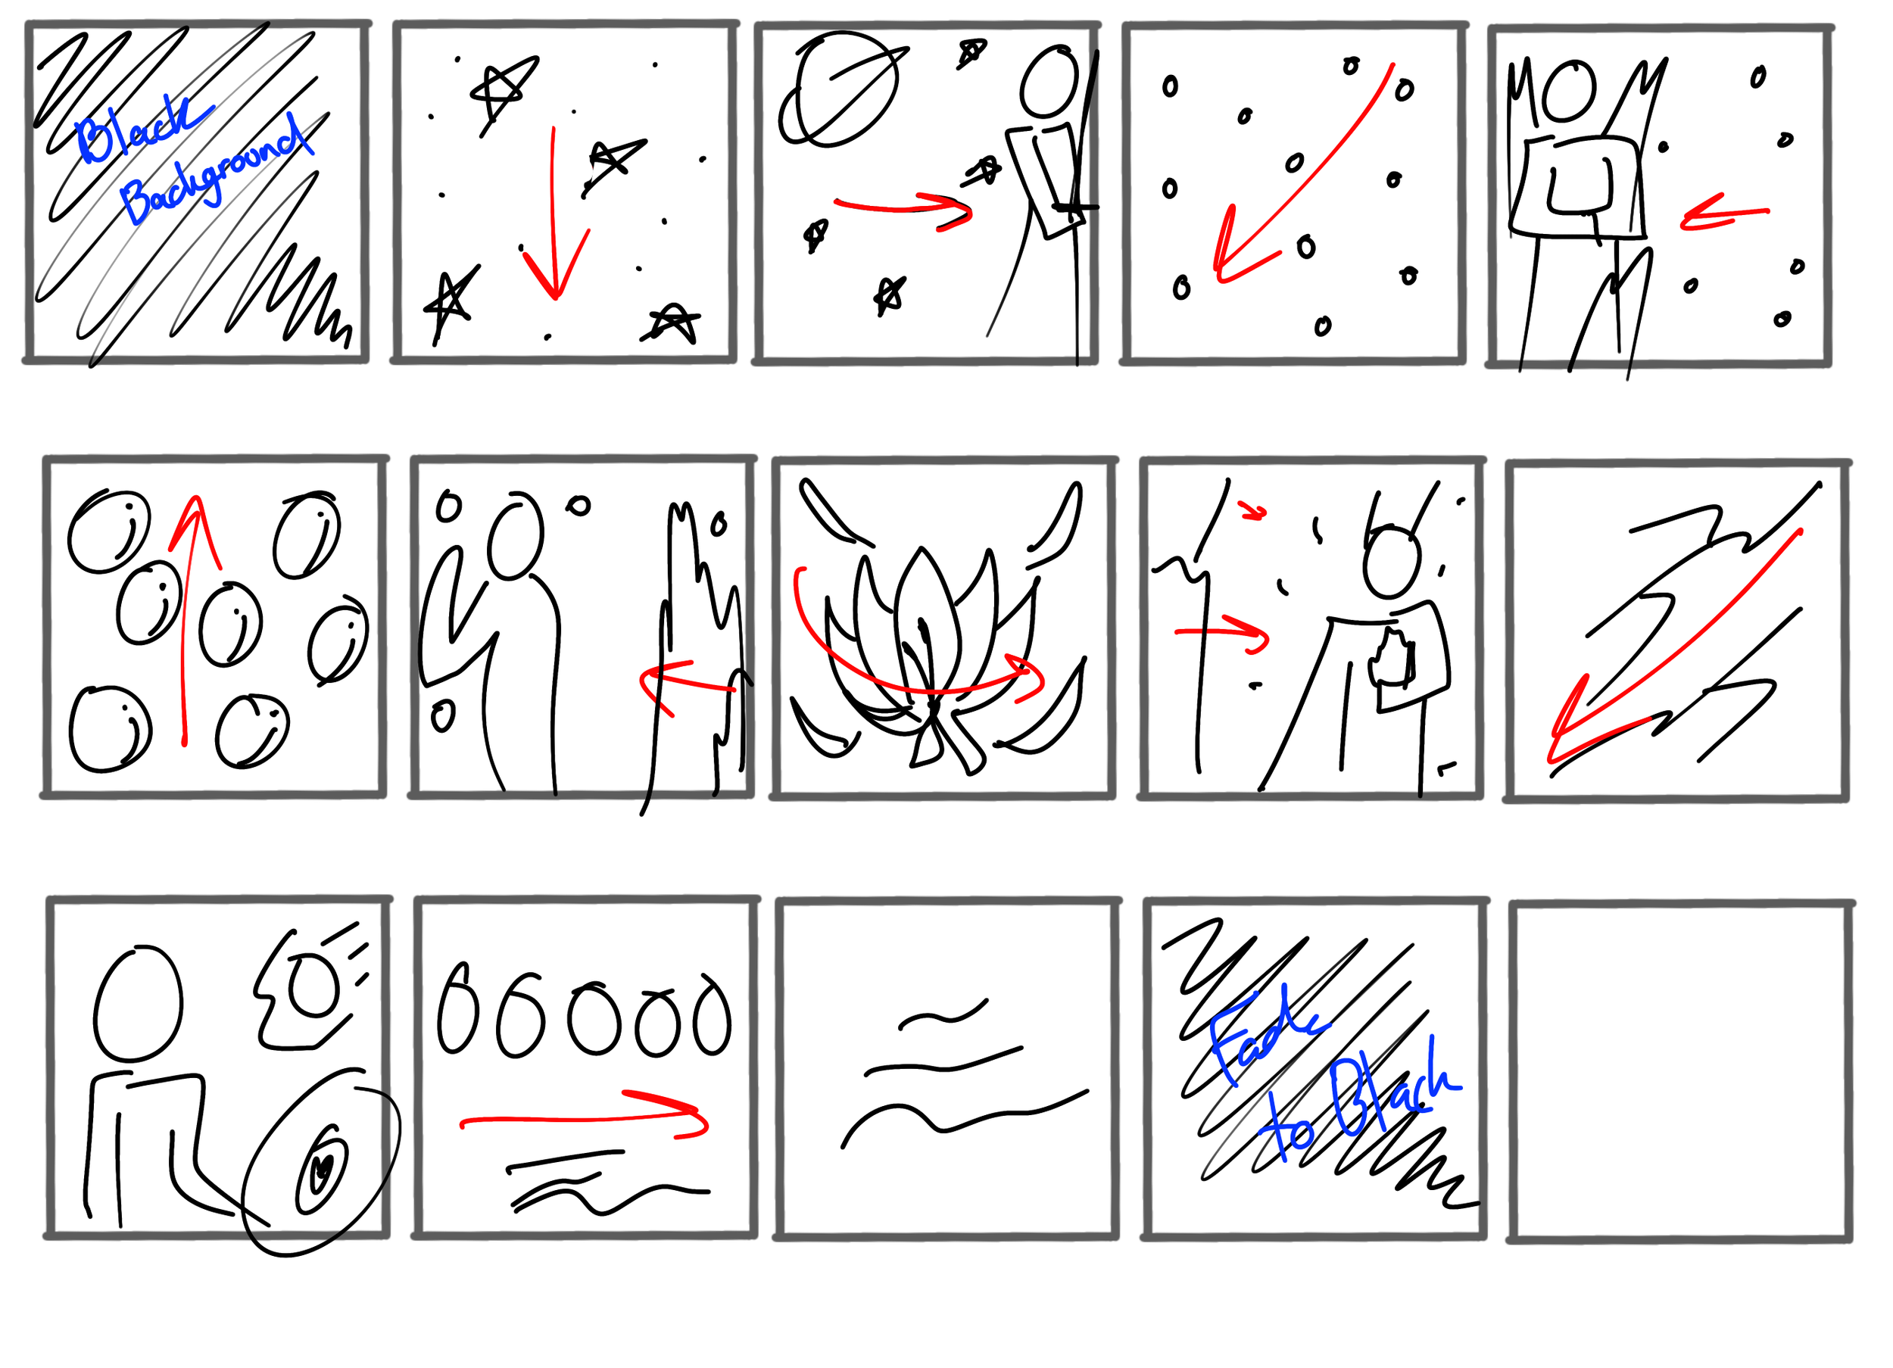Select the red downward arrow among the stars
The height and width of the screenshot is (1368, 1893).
[x=554, y=213]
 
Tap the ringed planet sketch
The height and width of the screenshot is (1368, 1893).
[x=841, y=90]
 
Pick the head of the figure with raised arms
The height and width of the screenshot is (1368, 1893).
[x=1569, y=91]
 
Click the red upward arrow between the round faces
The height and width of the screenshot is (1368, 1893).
[x=189, y=618]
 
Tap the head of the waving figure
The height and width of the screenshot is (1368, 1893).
[x=515, y=535]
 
